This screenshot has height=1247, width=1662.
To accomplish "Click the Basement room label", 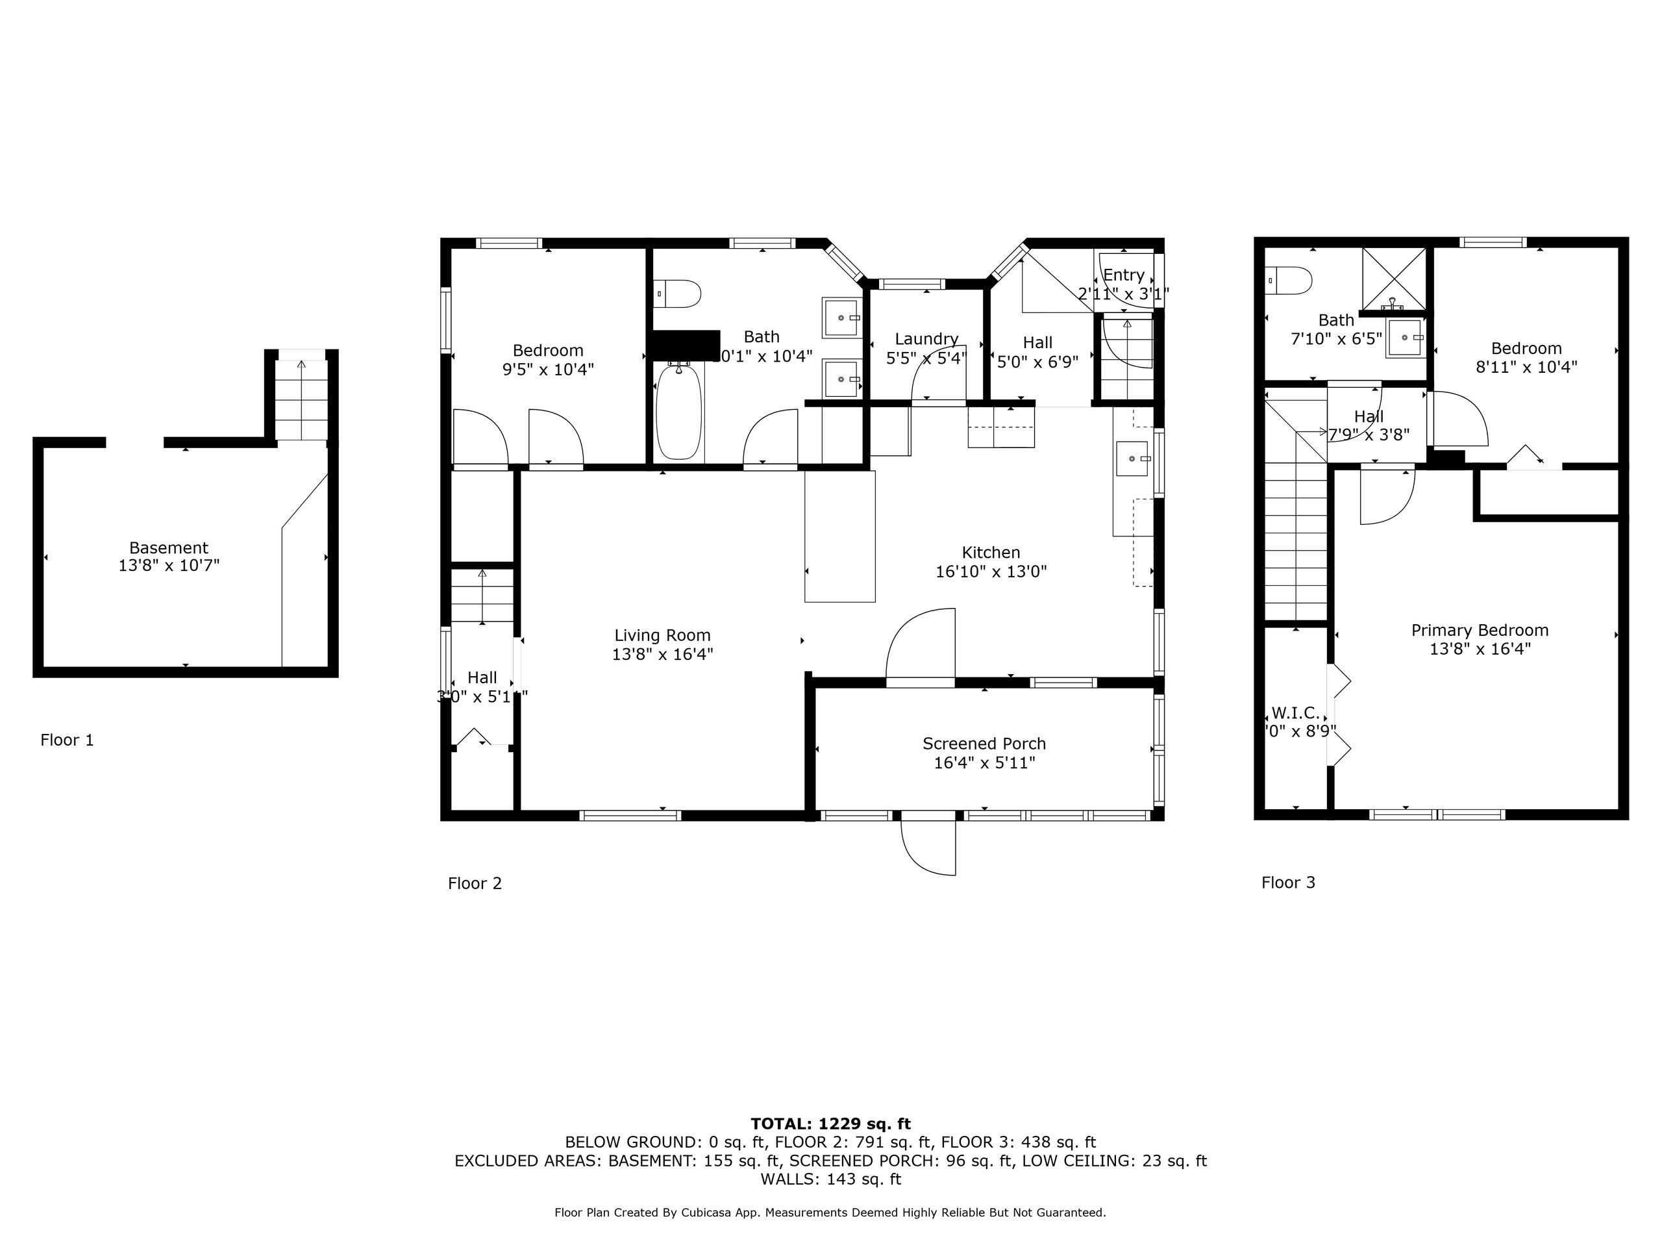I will click(x=168, y=548).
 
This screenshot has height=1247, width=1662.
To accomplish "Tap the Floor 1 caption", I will click(x=67, y=740).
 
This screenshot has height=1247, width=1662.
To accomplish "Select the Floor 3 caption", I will click(x=1288, y=883).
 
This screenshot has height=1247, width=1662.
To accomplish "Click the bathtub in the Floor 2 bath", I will click(x=678, y=411).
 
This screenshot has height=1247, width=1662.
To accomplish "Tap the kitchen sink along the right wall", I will click(x=1132, y=459).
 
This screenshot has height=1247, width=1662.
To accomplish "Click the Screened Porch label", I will click(x=984, y=744).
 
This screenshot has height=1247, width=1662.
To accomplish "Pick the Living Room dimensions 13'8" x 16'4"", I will click(x=662, y=655).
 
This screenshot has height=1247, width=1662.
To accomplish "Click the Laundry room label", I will click(x=926, y=339).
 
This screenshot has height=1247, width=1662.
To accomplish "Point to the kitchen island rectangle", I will click(x=839, y=536).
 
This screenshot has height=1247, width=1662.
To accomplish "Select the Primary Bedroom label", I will click(x=1480, y=631).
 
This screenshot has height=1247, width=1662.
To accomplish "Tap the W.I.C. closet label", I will click(x=1295, y=712).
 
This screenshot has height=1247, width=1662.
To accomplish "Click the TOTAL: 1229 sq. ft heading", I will click(x=830, y=1124).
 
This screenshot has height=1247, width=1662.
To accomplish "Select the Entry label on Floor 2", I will click(x=1123, y=275).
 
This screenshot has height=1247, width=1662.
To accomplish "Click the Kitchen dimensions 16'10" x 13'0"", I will click(x=990, y=572).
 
